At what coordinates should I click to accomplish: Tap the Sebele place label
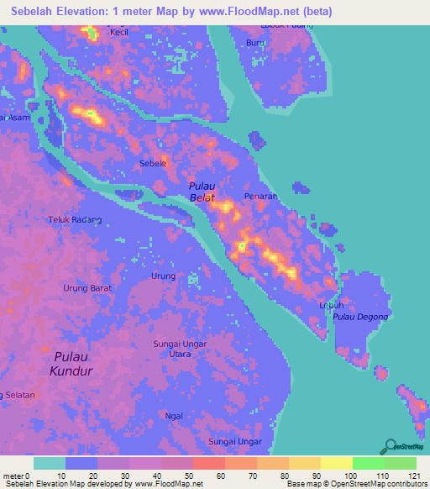[152, 164]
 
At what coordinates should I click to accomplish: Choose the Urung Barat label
[87, 288]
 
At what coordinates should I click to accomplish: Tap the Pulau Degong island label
[360, 317]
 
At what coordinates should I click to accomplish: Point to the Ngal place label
[174, 416]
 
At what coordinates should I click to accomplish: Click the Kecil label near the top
[119, 33]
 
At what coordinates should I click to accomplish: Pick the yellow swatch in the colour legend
[336, 463]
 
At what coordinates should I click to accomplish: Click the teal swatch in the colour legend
[50, 463]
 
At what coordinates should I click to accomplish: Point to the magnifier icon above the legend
[390, 447]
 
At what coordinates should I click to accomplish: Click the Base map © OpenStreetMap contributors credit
[355, 483]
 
